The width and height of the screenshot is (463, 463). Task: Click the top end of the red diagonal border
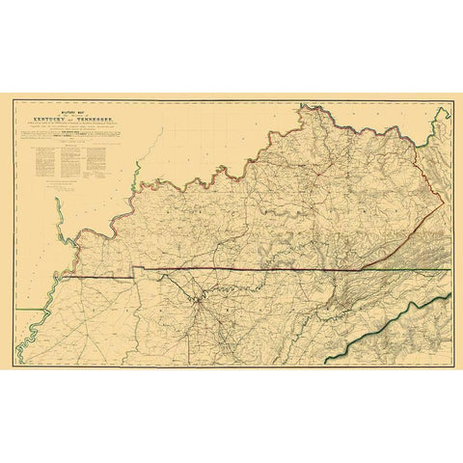tap(443, 199)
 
